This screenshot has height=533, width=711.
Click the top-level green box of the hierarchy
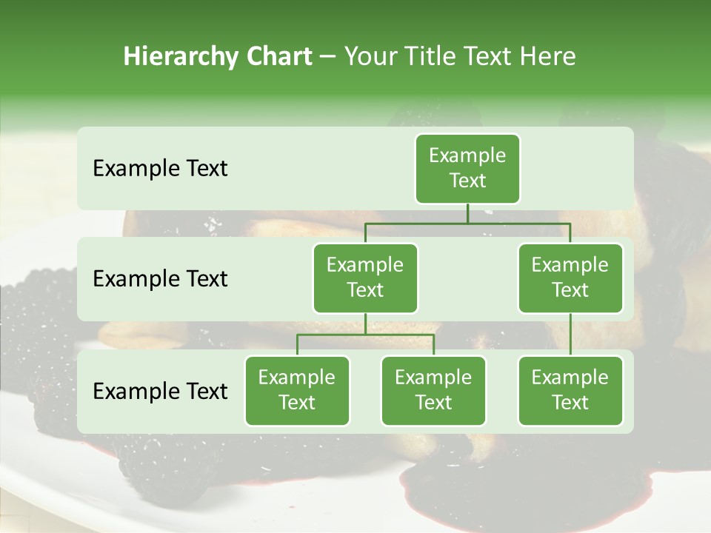pyautogui.click(x=467, y=168)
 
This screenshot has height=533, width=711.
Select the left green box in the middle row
pyautogui.click(x=365, y=278)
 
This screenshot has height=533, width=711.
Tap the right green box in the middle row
pyautogui.click(x=570, y=278)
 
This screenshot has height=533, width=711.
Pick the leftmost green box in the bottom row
pyautogui.click(x=297, y=390)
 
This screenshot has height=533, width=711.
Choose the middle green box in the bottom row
pyautogui.click(x=433, y=390)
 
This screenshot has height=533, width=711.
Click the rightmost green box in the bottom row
pyautogui.click(x=570, y=390)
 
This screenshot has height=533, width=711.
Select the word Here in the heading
pyautogui.click(x=547, y=56)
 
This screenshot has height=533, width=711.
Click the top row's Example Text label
pyautogui.click(x=160, y=168)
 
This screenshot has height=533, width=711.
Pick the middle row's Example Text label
pyautogui.click(x=160, y=278)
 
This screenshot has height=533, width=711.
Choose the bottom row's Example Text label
pyautogui.click(x=160, y=391)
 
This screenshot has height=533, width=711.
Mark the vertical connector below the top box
pyautogui.click(x=467, y=213)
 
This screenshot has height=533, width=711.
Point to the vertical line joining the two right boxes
pyautogui.click(x=570, y=334)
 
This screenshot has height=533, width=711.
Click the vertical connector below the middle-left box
pyautogui.click(x=365, y=324)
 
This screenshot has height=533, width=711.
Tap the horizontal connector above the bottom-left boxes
pyautogui.click(x=365, y=335)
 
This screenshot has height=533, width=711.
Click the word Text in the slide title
pyautogui.click(x=487, y=56)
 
